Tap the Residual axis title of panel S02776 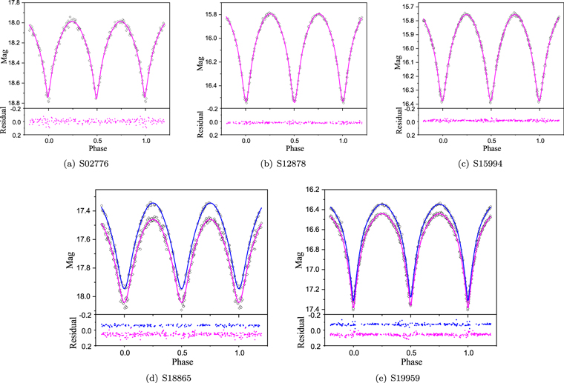click(5, 121)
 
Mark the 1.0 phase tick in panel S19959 click(468, 353)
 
